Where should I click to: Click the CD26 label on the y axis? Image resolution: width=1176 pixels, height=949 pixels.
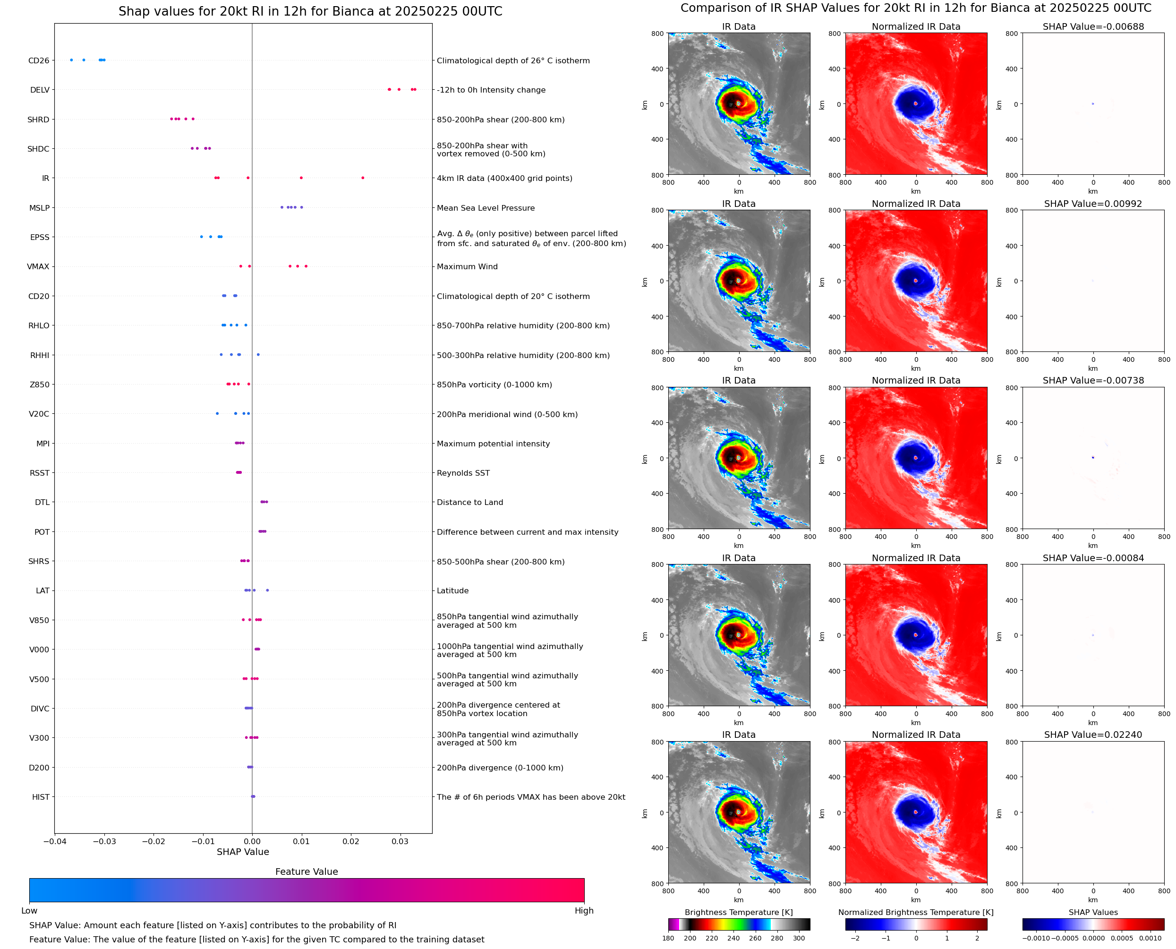[38, 60]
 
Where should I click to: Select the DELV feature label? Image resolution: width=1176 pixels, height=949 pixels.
[39, 90]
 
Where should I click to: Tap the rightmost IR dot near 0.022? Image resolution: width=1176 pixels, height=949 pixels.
[362, 178]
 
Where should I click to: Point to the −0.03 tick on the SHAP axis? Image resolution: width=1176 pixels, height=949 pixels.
[104, 841]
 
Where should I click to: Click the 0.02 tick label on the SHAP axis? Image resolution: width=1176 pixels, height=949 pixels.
[350, 841]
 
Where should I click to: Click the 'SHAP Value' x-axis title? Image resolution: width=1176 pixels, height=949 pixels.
[243, 852]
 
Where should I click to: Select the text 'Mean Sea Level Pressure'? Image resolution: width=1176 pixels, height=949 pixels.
[485, 208]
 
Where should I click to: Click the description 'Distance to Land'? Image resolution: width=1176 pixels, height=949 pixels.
[469, 503]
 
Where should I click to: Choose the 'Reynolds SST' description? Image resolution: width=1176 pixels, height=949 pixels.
[463, 473]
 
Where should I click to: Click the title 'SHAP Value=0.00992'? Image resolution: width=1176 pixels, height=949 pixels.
[1092, 204]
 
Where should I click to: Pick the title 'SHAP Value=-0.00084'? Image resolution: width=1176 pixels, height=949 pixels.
[1092, 558]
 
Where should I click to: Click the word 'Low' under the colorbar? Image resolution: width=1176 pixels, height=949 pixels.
[29, 911]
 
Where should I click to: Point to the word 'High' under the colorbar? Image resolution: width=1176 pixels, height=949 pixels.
[584, 911]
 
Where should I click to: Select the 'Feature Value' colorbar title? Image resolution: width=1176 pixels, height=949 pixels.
[306, 872]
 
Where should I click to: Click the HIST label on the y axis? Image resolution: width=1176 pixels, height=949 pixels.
[41, 797]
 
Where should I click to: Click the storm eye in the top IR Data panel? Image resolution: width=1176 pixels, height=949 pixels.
[738, 103]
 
